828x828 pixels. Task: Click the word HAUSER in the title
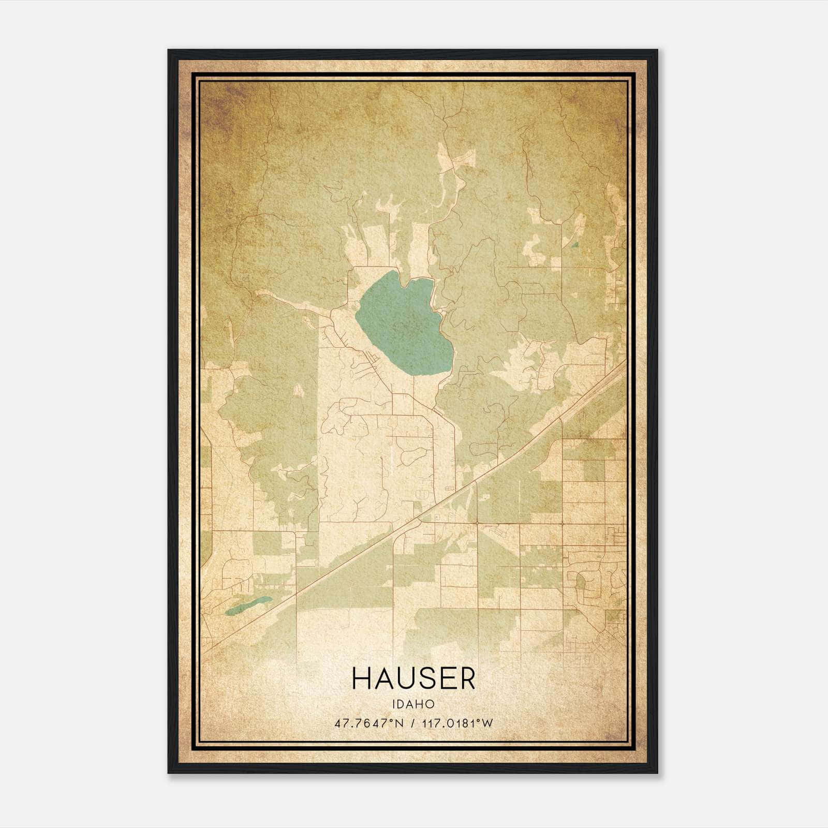413,678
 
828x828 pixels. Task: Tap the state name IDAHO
413,704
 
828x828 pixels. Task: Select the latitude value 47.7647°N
368,723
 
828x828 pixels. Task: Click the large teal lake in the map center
404,326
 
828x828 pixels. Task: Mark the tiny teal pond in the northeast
574,244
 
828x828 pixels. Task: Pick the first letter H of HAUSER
361,678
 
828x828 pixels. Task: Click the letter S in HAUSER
424,678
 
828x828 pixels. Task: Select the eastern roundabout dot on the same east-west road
562,524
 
